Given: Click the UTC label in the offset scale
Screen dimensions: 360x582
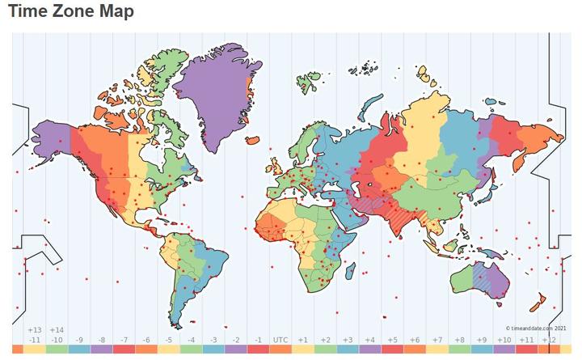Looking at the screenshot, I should [x=280, y=340].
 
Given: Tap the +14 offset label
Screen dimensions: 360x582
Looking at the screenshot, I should [x=57, y=330].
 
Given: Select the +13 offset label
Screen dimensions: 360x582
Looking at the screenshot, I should [x=35, y=330].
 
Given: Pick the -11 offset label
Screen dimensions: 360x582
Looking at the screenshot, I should [x=35, y=340].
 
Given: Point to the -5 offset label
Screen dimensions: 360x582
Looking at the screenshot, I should [x=168, y=340].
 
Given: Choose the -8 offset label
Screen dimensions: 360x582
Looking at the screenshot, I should [x=101, y=340].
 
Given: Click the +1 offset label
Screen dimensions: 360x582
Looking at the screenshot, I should [x=302, y=340].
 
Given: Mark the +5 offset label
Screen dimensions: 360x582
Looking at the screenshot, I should [x=392, y=340].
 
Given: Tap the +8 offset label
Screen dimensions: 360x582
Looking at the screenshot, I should [x=459, y=340].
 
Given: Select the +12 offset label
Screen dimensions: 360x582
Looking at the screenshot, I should [x=548, y=340].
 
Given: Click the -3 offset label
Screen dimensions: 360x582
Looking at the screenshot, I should [x=213, y=340].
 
